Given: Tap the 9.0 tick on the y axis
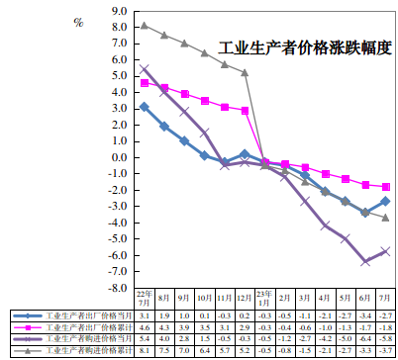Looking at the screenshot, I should [120, 11].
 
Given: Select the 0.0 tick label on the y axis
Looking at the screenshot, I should [120, 155].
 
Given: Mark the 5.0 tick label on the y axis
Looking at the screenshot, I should [120, 75].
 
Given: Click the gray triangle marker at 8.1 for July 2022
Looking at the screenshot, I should [145, 26].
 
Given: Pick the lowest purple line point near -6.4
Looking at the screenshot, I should [365, 261].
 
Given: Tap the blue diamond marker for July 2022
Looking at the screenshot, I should [145, 106].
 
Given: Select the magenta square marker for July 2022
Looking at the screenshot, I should [145, 82].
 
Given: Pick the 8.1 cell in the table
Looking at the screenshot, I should [145, 349].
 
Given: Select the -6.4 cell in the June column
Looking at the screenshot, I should [365, 336].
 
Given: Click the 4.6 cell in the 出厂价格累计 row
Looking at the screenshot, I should [145, 324].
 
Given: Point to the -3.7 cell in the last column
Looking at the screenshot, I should [385, 349].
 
